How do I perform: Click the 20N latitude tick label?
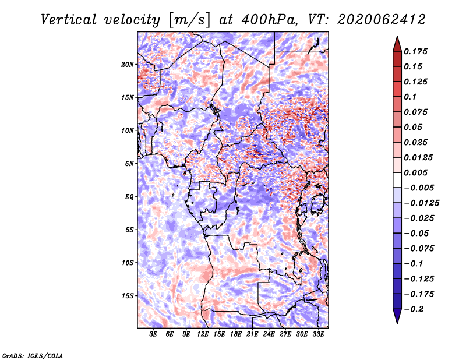(128, 65)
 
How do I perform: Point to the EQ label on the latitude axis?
(129, 197)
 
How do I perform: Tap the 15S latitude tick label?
(128, 296)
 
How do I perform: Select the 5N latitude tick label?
(129, 164)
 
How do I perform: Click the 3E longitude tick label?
(153, 334)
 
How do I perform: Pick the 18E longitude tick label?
(236, 334)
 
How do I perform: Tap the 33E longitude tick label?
(318, 334)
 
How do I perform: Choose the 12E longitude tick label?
(203, 334)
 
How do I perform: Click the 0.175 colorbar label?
(416, 51)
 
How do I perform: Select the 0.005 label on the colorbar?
(416, 172)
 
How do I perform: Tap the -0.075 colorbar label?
(419, 249)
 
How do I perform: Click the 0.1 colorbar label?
(410, 97)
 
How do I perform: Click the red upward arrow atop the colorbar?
(397, 44)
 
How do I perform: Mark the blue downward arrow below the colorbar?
(397, 316)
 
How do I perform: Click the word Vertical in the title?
(69, 20)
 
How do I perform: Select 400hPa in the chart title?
(270, 20)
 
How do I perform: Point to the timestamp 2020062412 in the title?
(381, 20)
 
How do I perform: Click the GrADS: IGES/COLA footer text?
(33, 356)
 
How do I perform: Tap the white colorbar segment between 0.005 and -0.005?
(397, 180)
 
